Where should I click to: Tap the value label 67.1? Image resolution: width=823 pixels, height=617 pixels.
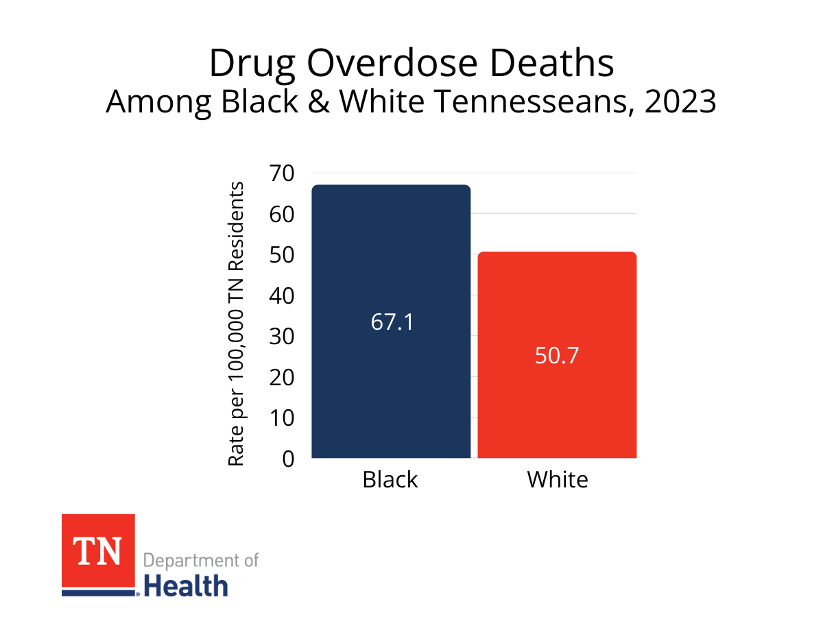392,322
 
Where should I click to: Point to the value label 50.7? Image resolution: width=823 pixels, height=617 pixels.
557,356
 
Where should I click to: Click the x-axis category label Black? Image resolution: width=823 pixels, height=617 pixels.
390,479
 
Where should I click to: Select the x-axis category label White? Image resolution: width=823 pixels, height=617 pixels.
557,479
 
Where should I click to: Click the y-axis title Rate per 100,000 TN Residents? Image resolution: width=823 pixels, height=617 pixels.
236,324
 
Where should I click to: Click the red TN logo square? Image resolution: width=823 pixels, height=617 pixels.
98,551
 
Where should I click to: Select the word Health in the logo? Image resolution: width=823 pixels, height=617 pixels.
186,587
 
